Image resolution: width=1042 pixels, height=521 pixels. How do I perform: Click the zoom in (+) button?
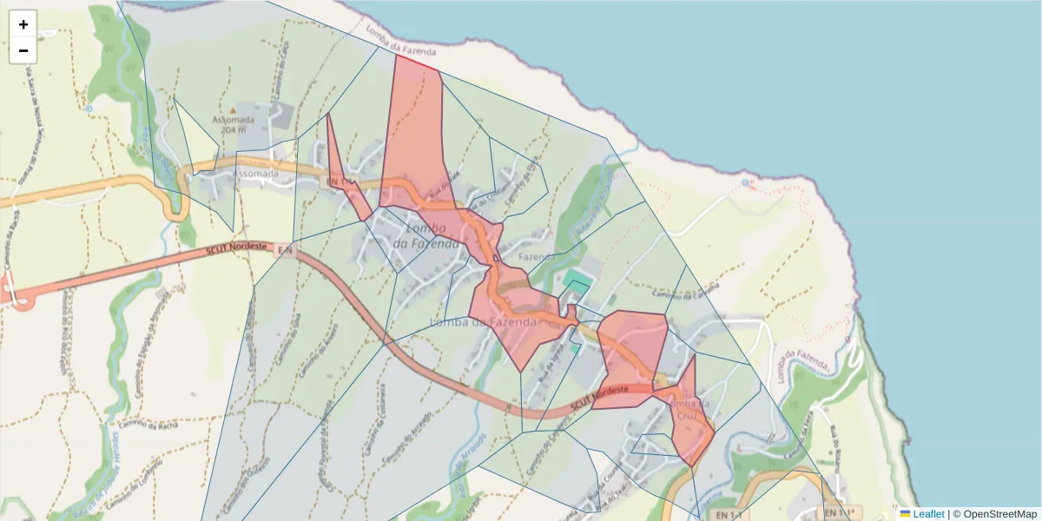pos(23,24)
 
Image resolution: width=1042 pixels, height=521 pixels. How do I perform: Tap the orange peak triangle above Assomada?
pos(87,109)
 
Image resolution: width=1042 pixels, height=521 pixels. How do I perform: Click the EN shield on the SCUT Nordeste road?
pos(284,250)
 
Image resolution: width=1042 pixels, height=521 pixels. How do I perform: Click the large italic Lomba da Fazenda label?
pos(425,236)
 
